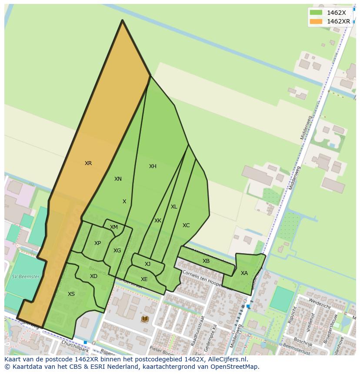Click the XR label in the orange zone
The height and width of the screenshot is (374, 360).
pyautogui.click(x=88, y=163)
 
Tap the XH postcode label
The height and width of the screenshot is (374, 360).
pyautogui.click(x=153, y=166)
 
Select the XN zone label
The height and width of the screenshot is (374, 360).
pyautogui.click(x=118, y=179)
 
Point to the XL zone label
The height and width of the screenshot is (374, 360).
pyautogui.click(x=174, y=207)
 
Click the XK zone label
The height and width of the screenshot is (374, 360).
pyautogui.click(x=158, y=221)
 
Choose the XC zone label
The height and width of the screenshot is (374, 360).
pyautogui.click(x=186, y=225)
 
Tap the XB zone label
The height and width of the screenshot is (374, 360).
pyautogui.click(x=206, y=261)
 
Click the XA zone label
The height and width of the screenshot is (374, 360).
pyautogui.click(x=244, y=273)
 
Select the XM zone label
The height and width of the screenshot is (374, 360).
pyautogui.click(x=114, y=227)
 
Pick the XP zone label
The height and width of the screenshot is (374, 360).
pyautogui.click(x=97, y=243)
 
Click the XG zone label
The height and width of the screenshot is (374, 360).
pyautogui.click(x=117, y=251)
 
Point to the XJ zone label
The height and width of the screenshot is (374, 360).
pyautogui.click(x=147, y=264)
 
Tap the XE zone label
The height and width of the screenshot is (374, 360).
pyautogui.click(x=144, y=279)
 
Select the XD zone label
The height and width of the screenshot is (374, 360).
pyautogui.click(x=93, y=276)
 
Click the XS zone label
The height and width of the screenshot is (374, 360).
pyautogui.click(x=71, y=294)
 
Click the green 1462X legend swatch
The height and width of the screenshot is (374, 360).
pyautogui.click(x=316, y=13)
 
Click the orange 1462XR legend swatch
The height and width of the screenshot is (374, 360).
pyautogui.click(x=316, y=21)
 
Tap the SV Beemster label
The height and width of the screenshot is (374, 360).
pyautogui.click(x=26, y=277)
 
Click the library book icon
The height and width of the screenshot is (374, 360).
pyautogui.click(x=145, y=319)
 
